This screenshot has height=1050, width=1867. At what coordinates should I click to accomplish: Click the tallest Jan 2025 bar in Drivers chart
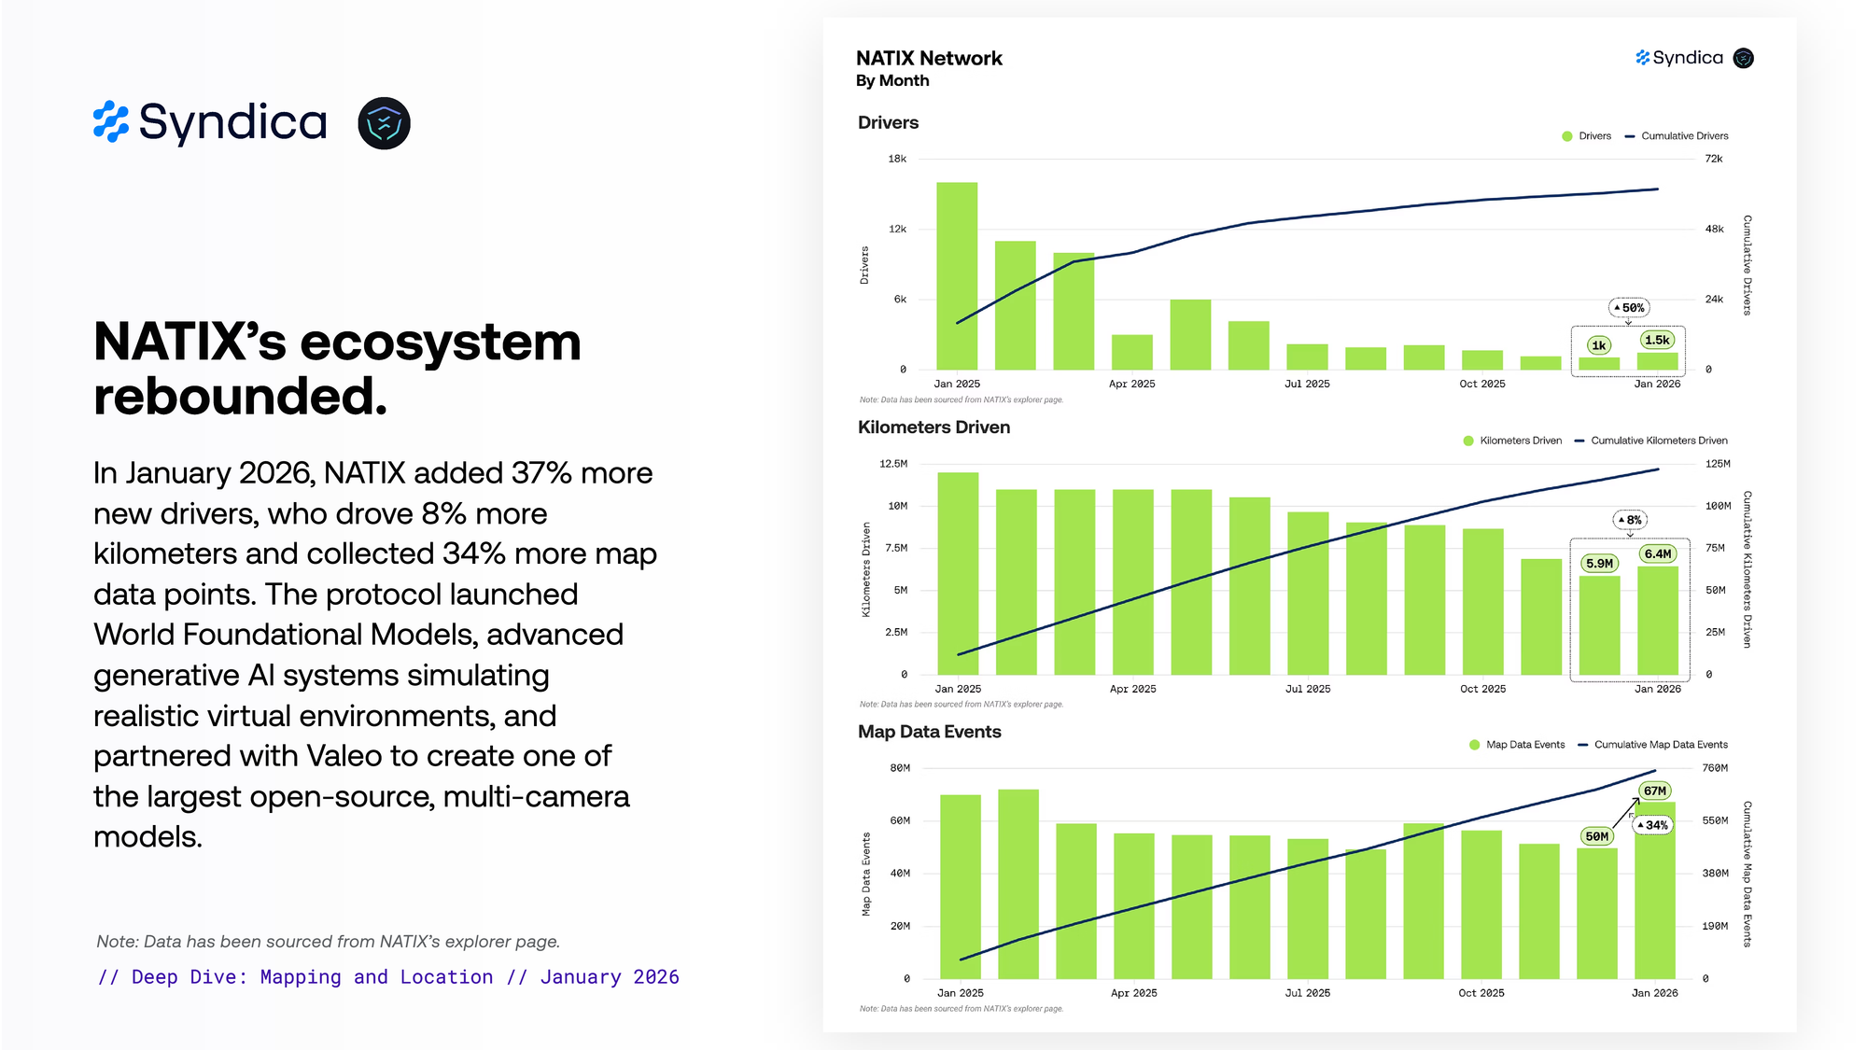957,275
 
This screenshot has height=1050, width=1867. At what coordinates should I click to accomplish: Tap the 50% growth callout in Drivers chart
1629,308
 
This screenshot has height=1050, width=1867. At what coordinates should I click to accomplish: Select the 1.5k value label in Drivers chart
1657,340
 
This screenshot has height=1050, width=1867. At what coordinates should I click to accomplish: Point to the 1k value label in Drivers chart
1598,345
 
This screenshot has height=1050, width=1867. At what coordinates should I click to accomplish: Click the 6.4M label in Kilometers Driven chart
1657,553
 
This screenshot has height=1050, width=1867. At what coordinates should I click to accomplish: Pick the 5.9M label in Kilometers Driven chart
1599,563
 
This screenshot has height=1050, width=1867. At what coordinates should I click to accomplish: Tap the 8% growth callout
1630,520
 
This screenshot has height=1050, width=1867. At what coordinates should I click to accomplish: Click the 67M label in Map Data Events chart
1655,791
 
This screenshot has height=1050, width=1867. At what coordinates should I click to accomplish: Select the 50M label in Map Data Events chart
1596,836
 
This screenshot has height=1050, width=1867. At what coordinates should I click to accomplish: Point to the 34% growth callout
1652,825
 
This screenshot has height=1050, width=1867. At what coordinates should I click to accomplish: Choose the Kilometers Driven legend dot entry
1512,441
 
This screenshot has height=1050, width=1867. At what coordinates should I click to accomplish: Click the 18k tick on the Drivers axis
897,159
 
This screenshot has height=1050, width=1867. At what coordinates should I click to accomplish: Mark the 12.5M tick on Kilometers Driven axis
893,464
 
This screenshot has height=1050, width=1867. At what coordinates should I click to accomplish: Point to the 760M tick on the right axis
1715,768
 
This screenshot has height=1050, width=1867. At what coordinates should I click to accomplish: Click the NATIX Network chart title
929,58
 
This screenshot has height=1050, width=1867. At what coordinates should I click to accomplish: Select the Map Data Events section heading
929,732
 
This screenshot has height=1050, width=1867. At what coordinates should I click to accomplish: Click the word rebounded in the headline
240,396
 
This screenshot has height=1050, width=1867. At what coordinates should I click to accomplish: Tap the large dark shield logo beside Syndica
384,123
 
